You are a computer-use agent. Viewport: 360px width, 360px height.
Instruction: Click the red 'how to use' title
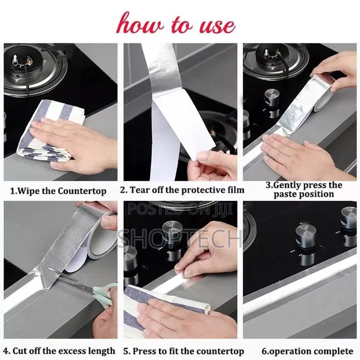click(x=176, y=24)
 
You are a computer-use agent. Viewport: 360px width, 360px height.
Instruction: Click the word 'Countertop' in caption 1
click(x=82, y=191)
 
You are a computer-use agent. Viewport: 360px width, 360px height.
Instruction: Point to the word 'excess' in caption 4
click(x=71, y=351)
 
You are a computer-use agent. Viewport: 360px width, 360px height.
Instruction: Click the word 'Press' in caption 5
click(x=144, y=351)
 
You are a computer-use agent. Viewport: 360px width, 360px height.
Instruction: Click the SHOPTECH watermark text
click(x=180, y=239)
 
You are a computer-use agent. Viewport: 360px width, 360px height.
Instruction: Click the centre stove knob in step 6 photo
click(x=306, y=236)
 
